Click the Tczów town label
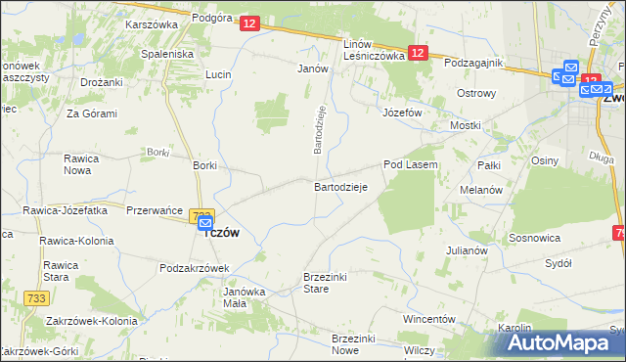pos(220,232)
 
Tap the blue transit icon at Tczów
pos(205,223)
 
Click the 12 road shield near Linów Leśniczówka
pos(418,54)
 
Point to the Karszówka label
pos(150,24)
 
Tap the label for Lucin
pos(217,74)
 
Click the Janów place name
pos(311,69)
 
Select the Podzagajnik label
pos(472,63)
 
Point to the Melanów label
pos(480,189)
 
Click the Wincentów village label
pos(429,319)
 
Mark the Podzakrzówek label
pos(194,268)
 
